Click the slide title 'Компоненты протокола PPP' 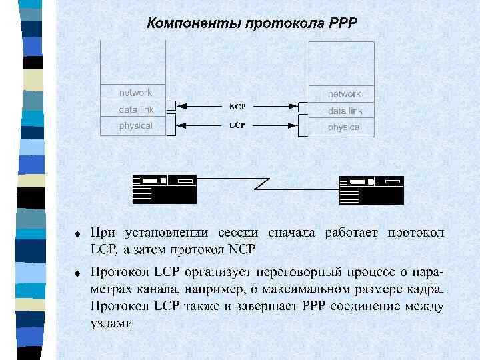(x=252, y=24)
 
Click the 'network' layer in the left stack (x=135, y=93)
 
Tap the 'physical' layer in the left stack (x=135, y=125)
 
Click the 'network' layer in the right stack (x=344, y=94)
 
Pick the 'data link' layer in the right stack (x=345, y=111)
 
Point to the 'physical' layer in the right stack (x=344, y=127)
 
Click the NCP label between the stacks (x=237, y=106)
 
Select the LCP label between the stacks (x=237, y=125)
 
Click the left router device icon (x=164, y=189)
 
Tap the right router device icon (x=371, y=189)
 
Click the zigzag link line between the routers (x=267, y=181)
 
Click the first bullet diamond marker (x=77, y=235)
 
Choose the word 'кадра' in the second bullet (x=423, y=289)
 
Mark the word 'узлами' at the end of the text (x=112, y=323)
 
